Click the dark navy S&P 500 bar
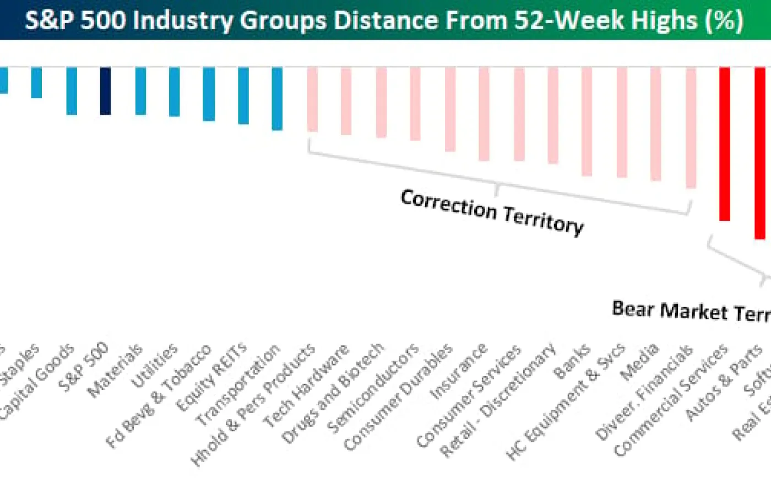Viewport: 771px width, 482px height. click(x=105, y=91)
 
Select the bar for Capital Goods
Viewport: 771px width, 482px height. click(x=72, y=91)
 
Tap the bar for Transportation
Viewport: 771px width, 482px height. click(x=277, y=99)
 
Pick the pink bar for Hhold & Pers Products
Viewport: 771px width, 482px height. click(x=312, y=99)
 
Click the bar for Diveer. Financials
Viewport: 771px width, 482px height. click(x=691, y=127)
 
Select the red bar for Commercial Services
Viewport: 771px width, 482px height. click(x=725, y=144)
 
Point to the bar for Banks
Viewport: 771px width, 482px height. click(x=587, y=121)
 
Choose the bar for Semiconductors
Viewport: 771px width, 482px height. click(x=415, y=104)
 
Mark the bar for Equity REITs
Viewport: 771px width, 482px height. click(x=243, y=95)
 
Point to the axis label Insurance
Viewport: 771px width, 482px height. click(x=459, y=371)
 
